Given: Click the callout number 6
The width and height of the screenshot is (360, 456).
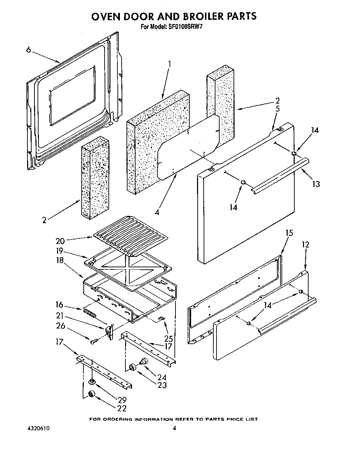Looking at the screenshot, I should click(28, 50).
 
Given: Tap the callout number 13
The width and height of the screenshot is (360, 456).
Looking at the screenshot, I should click(316, 184).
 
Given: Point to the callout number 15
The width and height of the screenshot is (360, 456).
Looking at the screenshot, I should click(289, 233).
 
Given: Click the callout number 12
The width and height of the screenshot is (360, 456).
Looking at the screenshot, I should click(305, 245).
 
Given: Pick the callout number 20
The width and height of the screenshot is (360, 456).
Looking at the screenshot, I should click(60, 241).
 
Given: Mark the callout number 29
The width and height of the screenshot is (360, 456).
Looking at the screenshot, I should click(122, 400).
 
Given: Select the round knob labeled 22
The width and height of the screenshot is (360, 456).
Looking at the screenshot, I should click(92, 394).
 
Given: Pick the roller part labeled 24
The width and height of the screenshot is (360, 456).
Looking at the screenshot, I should click(143, 362).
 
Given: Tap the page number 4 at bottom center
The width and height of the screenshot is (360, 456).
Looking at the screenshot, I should click(175, 429).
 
